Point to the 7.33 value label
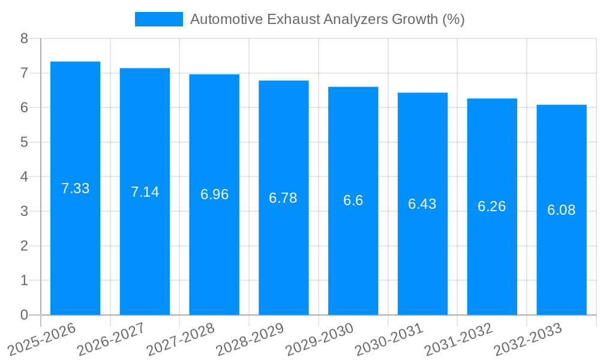click(x=75, y=188)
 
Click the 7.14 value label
click(x=145, y=192)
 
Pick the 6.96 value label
click(x=214, y=194)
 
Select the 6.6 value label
click(x=353, y=200)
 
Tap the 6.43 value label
click(x=422, y=204)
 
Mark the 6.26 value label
click(x=491, y=206)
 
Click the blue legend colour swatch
click(x=158, y=19)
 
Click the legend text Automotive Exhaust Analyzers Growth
click(x=327, y=19)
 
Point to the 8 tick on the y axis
click(x=24, y=38)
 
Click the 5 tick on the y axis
click(x=24, y=142)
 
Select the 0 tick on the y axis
click(x=24, y=315)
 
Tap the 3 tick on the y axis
click(x=24, y=211)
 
